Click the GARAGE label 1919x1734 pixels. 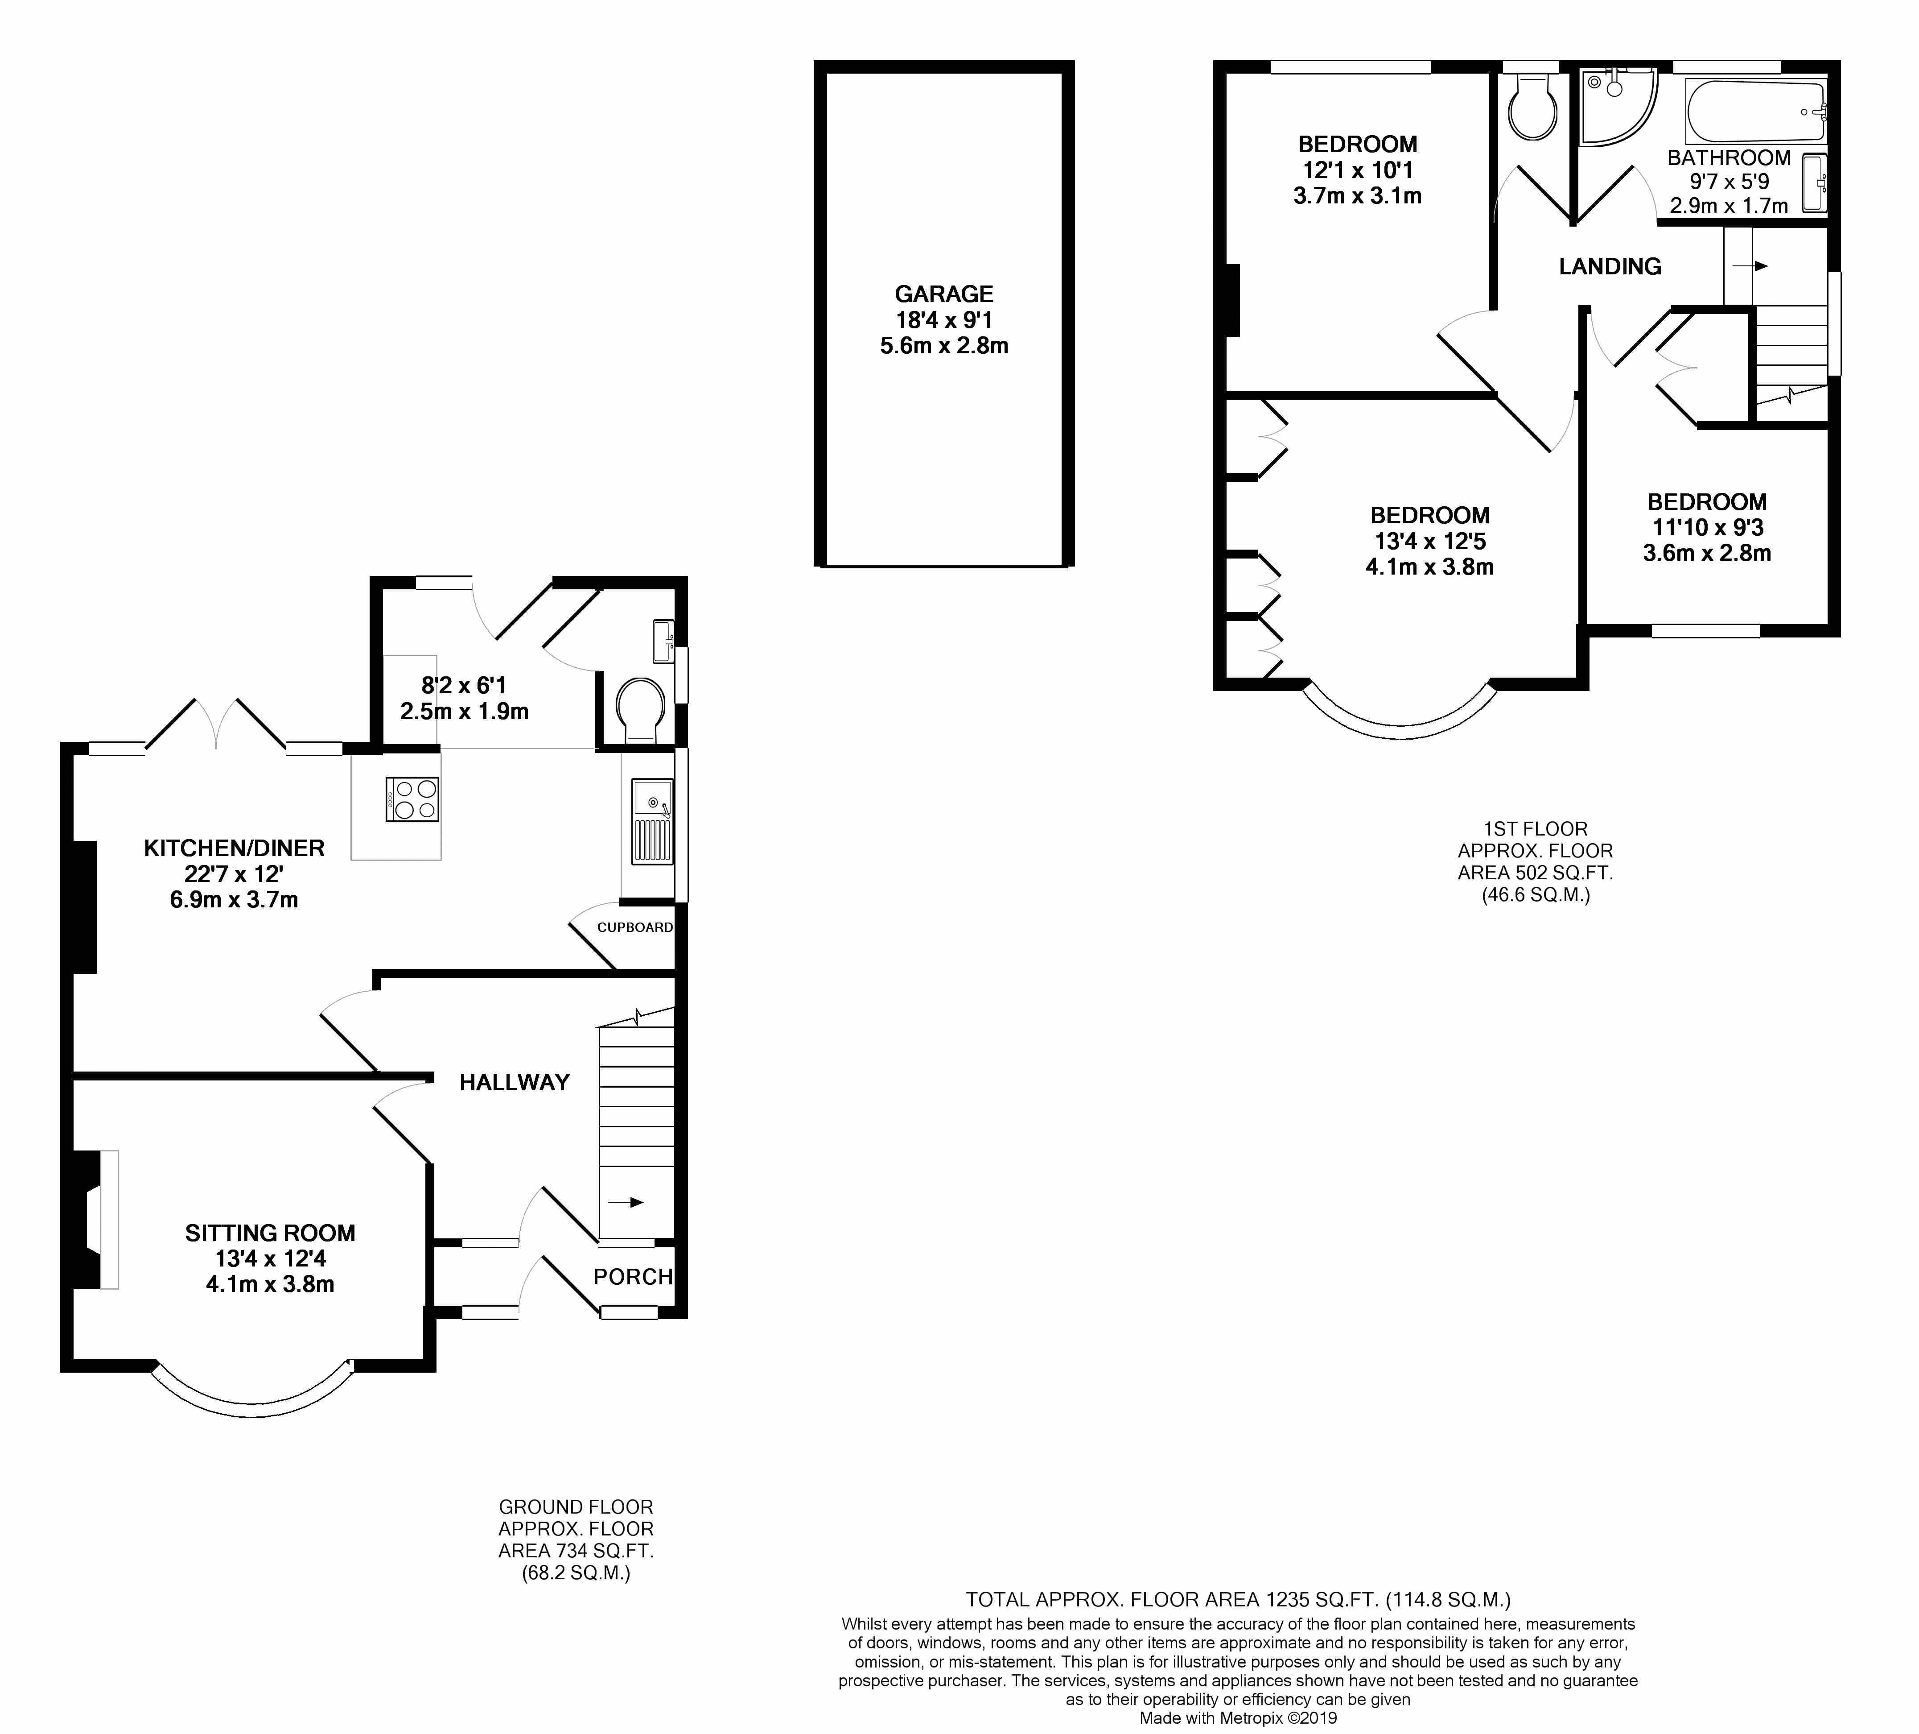pos(943,294)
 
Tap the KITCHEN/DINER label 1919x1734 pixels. pos(234,848)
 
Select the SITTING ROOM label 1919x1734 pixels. pos(270,1233)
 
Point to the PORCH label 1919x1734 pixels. pos(633,1277)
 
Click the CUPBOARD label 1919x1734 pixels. pos(635,927)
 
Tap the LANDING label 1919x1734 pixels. pos(1610,267)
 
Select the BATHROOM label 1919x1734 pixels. pos(1729,158)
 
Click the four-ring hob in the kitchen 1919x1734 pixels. pos(412,799)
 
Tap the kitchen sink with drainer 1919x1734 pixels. pos(652,821)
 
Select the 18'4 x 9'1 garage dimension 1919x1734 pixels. pos(943,320)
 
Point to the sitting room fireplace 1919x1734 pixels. pos(93,1220)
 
